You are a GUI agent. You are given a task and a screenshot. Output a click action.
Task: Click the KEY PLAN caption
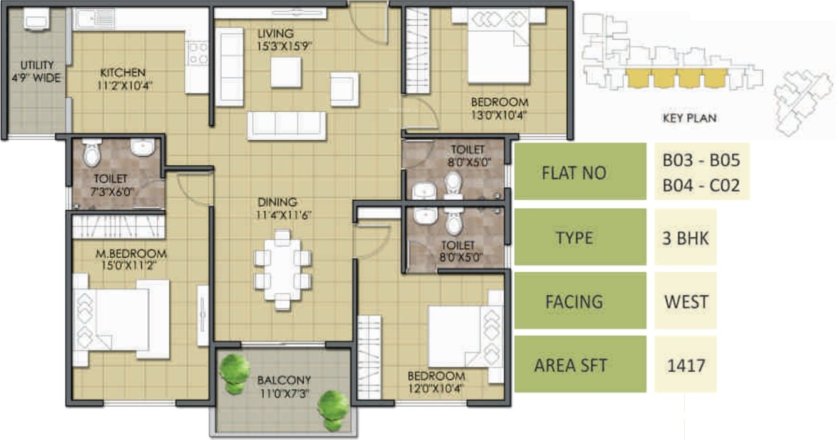[x=689, y=118]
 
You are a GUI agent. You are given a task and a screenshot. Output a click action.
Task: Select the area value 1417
[x=685, y=365]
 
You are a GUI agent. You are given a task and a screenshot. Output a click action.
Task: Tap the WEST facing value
[x=686, y=301]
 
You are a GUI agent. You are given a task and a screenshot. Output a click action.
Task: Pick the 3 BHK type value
[x=685, y=238]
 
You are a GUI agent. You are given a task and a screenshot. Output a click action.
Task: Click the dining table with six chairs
[x=283, y=270]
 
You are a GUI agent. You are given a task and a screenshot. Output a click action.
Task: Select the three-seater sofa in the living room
[x=287, y=125]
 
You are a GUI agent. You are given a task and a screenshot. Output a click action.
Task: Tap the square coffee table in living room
[x=286, y=73]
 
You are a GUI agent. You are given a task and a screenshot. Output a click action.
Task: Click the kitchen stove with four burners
[x=198, y=53]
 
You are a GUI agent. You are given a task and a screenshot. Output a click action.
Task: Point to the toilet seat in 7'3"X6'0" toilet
[x=91, y=153]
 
